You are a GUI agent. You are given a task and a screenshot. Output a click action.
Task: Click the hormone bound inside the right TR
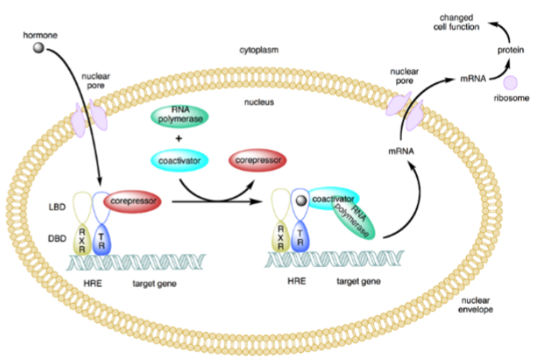(301, 203)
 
